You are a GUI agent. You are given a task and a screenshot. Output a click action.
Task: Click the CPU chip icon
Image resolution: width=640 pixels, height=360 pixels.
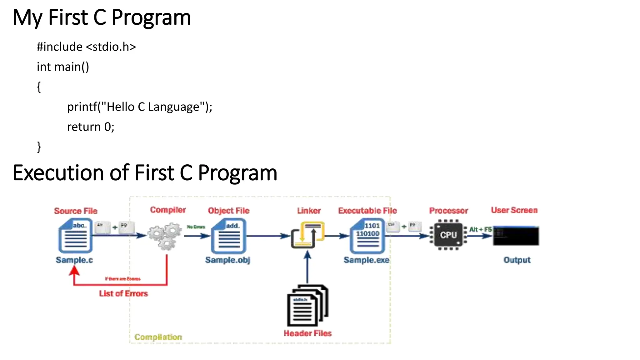tap(448, 235)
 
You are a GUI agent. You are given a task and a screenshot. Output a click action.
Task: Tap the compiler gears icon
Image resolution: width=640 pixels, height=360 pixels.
tap(165, 236)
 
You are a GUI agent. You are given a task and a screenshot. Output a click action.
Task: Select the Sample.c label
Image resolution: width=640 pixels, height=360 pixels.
tap(74, 260)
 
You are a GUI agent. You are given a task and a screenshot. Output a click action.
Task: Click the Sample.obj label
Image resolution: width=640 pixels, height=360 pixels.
tap(227, 260)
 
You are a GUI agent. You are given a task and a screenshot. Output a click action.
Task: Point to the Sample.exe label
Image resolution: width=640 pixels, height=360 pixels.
tap(366, 260)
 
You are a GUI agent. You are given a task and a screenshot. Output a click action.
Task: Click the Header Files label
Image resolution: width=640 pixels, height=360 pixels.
tap(307, 333)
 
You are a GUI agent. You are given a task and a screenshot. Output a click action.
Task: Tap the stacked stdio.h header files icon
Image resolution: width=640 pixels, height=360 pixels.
tap(307, 305)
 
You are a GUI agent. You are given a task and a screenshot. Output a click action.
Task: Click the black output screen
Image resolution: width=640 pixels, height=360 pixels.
tap(516, 236)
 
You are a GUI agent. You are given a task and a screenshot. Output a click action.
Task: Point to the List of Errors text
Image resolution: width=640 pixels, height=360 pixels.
tap(123, 293)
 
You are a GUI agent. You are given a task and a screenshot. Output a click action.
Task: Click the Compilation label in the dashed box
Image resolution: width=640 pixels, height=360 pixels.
tap(158, 337)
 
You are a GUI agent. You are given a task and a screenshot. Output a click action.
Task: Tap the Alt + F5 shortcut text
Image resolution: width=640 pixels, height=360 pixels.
tap(480, 229)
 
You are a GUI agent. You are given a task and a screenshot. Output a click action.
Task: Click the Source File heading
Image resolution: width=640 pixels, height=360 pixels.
tap(76, 211)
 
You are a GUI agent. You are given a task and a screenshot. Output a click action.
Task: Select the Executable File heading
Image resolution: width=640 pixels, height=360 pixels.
tap(367, 211)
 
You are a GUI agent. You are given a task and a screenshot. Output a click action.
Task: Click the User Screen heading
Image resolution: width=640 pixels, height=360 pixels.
tap(514, 210)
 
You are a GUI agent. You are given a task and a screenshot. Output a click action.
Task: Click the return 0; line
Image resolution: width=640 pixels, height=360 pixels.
tap(91, 127)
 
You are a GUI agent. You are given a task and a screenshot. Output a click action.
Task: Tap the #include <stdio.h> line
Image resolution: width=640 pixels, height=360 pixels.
tap(86, 47)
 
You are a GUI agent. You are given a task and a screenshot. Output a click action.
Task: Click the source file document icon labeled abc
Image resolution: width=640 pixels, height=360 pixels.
tap(75, 236)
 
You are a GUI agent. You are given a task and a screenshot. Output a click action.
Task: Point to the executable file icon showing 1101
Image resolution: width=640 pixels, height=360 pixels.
tap(367, 236)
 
